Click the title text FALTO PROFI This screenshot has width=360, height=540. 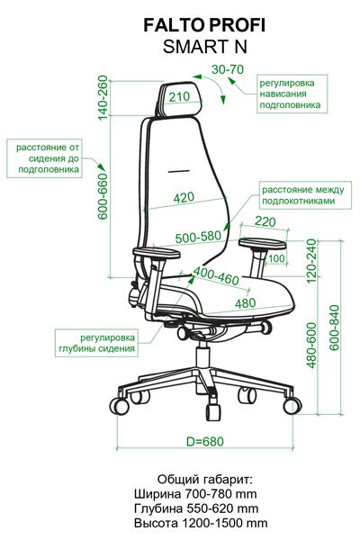[x=204, y=25]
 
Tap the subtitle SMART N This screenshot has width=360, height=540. [x=205, y=47]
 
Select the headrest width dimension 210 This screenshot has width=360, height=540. [x=179, y=97]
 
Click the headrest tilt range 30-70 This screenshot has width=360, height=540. [x=228, y=69]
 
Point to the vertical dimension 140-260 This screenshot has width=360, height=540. [x=103, y=98]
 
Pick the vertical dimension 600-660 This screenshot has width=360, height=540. [x=103, y=196]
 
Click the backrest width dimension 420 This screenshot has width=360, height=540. [x=184, y=198]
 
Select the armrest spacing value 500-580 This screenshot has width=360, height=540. [x=198, y=237]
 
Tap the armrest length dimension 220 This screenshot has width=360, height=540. [x=265, y=221]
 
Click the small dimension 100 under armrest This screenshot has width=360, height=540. [x=276, y=258]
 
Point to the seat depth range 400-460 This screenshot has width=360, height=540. [x=216, y=276]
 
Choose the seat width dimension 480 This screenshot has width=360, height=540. [x=246, y=303]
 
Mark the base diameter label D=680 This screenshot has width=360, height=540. [x=205, y=441]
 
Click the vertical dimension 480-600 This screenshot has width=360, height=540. [x=311, y=346]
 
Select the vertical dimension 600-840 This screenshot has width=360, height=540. [x=334, y=328]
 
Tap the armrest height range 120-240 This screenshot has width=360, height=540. [x=311, y=261]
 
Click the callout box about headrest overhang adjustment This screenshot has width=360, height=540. [x=292, y=94]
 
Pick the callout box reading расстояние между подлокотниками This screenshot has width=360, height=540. [x=305, y=195]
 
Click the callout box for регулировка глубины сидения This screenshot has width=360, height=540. [x=96, y=343]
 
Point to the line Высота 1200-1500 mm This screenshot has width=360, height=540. [x=201, y=523]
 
